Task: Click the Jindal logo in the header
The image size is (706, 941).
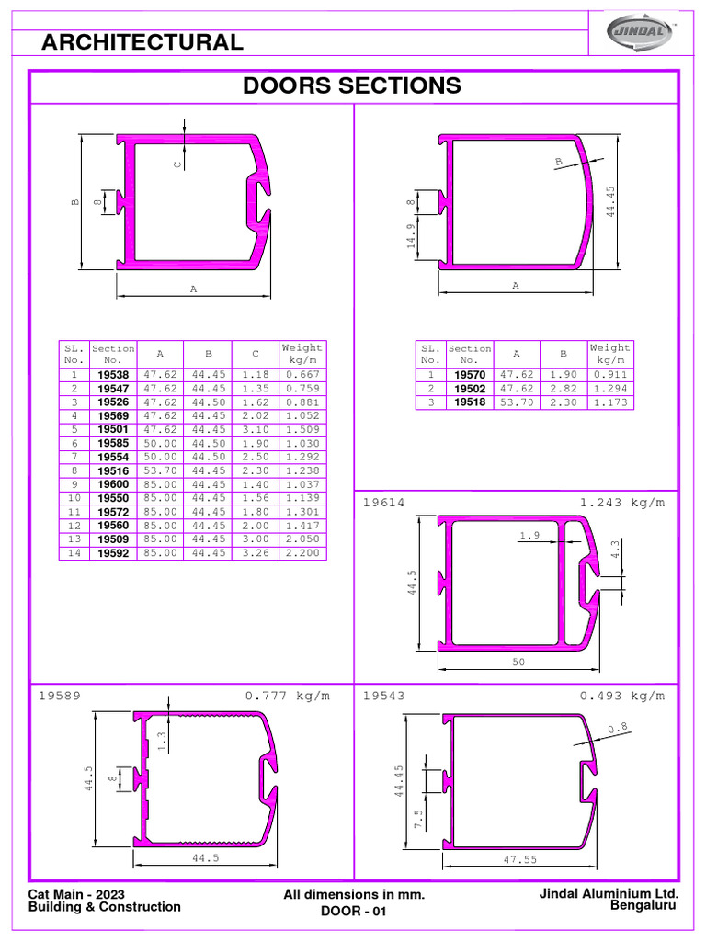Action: tap(641, 30)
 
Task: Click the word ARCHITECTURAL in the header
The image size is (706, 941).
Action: tap(142, 42)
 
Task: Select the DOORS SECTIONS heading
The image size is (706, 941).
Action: tap(352, 85)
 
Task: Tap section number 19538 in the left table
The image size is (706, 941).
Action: tap(113, 375)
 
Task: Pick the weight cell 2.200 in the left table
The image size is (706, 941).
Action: tap(302, 552)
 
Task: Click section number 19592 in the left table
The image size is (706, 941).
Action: tap(113, 552)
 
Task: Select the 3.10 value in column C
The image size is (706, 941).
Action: tap(256, 430)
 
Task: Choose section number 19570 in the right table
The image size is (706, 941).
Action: tap(470, 375)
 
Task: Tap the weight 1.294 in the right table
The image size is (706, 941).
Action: tap(610, 389)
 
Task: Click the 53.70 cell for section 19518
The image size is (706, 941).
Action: tap(517, 402)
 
